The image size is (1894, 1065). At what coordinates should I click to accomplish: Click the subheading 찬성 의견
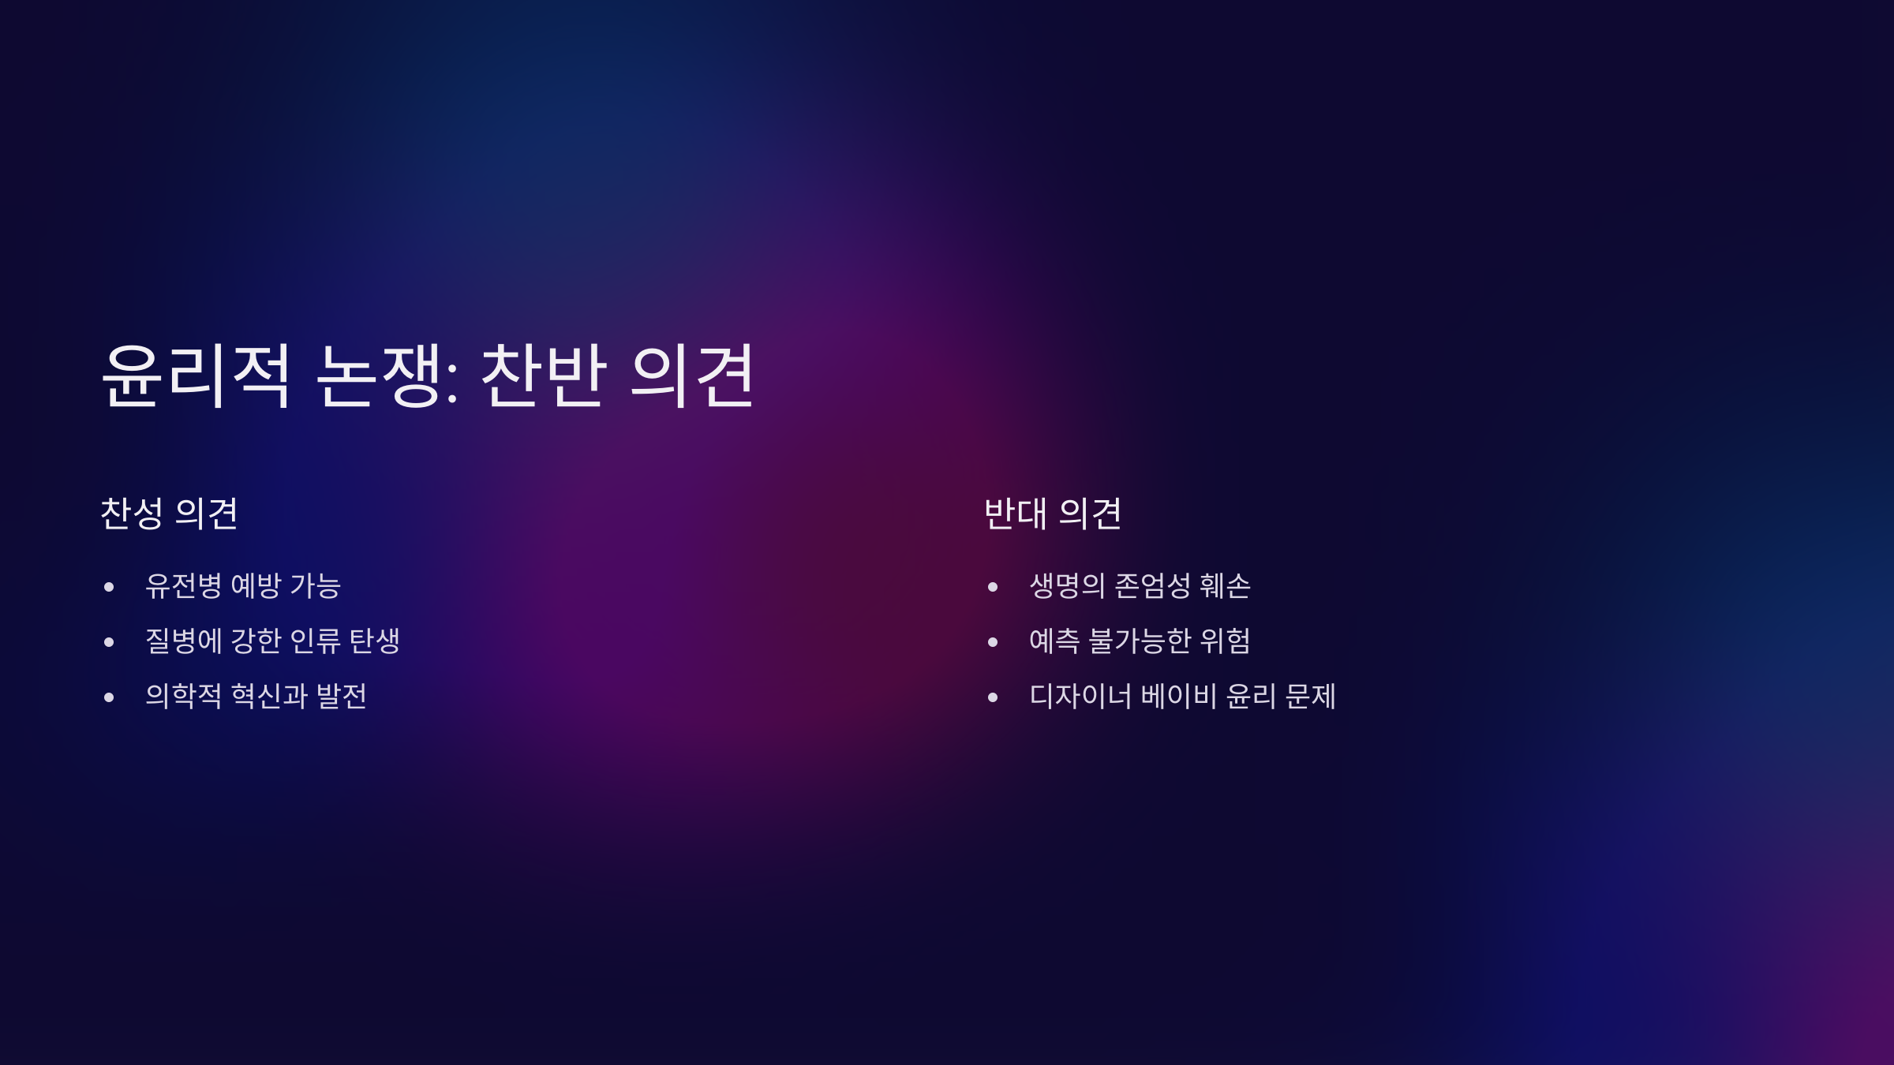169,514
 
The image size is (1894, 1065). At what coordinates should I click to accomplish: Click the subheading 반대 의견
1053,514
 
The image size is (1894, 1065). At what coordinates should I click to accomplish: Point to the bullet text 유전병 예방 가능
243,585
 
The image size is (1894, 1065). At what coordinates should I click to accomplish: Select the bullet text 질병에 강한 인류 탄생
272,641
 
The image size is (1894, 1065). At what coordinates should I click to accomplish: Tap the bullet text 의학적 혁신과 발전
256,696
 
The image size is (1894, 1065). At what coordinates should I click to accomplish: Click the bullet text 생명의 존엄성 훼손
1140,585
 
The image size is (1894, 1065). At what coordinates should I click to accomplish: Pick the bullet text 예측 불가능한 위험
1140,641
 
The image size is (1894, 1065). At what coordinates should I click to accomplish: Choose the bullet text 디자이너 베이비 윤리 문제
1182,696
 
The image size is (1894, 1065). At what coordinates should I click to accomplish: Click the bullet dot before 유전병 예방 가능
109,587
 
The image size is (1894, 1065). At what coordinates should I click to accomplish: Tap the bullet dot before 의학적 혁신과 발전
109,697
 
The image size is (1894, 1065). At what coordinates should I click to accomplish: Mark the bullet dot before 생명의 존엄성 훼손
993,587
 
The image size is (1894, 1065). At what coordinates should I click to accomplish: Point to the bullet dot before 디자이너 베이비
993,697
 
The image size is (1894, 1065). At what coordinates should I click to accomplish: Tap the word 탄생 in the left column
375,641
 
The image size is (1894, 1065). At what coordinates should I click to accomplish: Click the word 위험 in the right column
1225,641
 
